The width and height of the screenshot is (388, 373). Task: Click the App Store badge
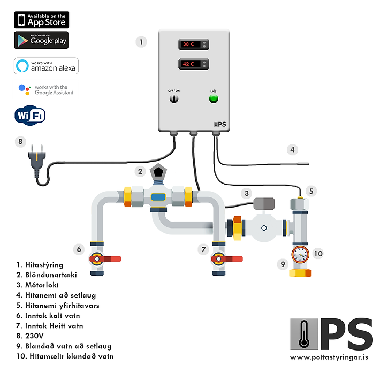tap(41, 20)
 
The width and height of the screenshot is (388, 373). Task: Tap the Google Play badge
tap(41, 40)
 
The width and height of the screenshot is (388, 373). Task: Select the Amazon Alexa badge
tap(46, 66)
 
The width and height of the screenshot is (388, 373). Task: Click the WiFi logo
tap(30, 115)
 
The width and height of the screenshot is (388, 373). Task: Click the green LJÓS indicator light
tap(213, 98)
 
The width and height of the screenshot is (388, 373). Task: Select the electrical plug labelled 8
tap(36, 161)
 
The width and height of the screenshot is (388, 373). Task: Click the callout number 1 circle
tap(141, 42)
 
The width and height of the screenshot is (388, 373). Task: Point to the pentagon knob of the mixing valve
tap(158, 173)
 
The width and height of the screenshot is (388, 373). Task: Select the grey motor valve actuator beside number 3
tap(264, 203)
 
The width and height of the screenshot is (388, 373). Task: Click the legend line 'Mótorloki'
tap(39, 285)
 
